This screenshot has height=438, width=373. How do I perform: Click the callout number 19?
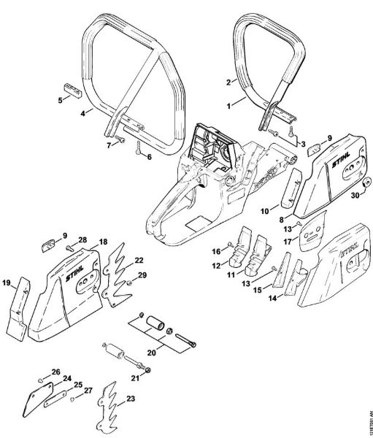pos(7,283)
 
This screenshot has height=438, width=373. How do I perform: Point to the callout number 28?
pos(82,239)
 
